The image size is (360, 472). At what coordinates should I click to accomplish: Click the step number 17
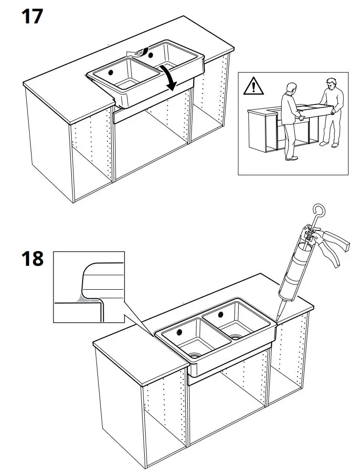pos(32,17)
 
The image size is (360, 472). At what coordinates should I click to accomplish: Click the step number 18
pos(32,259)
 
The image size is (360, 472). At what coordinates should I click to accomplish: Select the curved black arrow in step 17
pos(169,76)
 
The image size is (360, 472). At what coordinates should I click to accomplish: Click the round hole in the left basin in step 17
pos(110,72)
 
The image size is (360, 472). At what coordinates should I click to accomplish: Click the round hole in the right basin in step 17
pos(152,55)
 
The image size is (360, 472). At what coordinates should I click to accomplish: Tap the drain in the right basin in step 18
pos(235,336)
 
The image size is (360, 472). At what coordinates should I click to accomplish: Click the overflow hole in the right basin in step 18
pos(221,315)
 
